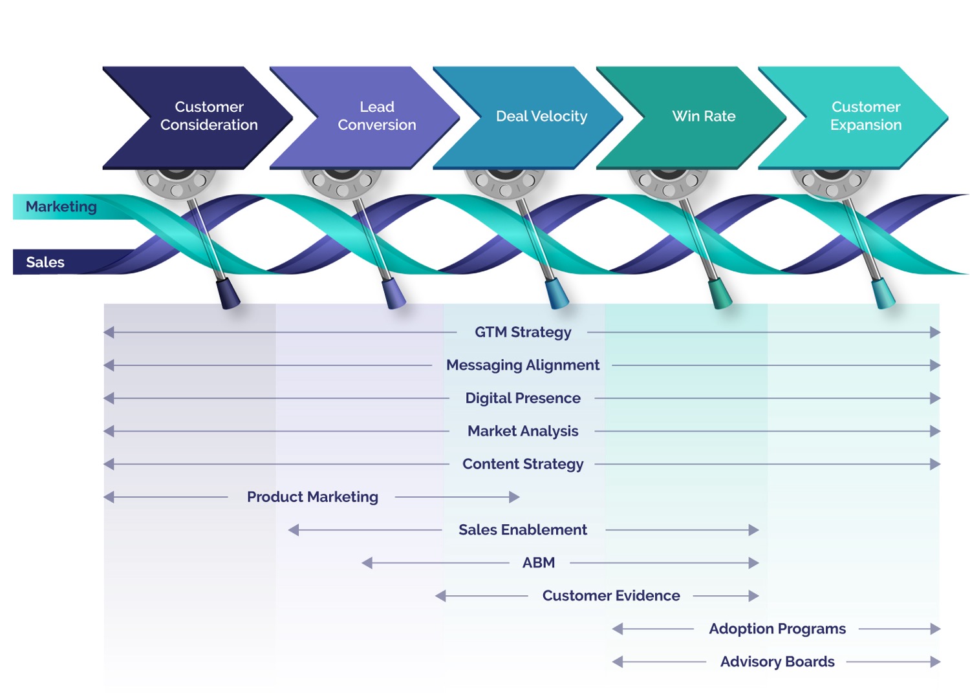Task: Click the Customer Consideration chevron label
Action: (209, 116)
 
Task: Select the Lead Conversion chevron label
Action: (377, 116)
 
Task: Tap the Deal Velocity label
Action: (541, 116)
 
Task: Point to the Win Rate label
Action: (704, 116)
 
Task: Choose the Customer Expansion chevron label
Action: (866, 116)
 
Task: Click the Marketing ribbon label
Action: (61, 207)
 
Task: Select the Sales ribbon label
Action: (45, 262)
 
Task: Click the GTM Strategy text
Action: (523, 332)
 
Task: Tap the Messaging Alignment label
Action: (523, 365)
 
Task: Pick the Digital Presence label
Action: (523, 398)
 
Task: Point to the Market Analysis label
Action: (523, 431)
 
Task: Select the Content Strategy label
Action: (523, 464)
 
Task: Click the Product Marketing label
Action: (312, 497)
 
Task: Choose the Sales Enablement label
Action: (523, 530)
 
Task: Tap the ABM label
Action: (539, 563)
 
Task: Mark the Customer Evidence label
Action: (611, 596)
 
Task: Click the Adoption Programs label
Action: (777, 629)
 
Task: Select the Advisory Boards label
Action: (777, 662)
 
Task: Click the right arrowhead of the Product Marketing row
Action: (515, 497)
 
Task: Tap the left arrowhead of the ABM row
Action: (367, 563)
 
